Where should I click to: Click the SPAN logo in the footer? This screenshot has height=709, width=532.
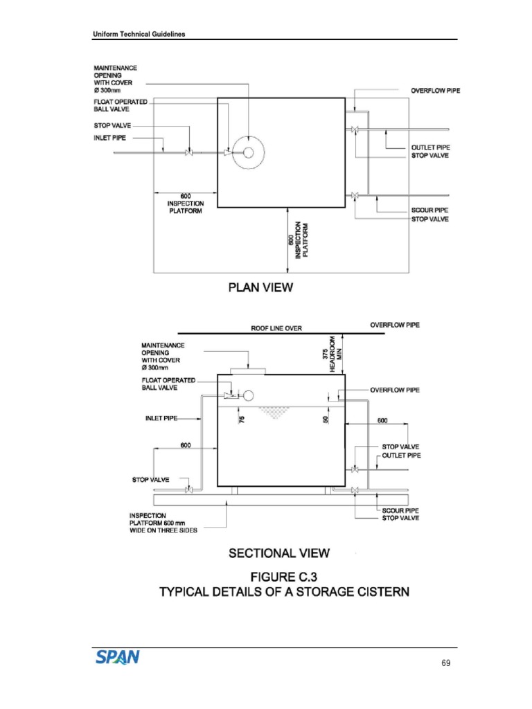point(118,655)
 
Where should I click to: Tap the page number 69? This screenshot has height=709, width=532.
point(445,663)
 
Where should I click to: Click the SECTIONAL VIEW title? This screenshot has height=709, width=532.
point(279,553)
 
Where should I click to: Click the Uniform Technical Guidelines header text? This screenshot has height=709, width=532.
point(139,35)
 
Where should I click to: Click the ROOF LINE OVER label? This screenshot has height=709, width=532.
point(276,328)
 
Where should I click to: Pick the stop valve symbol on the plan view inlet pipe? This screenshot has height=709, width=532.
point(188,153)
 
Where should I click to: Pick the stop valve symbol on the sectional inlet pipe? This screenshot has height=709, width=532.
point(188,491)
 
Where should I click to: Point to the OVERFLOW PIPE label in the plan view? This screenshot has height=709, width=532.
point(435,91)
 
